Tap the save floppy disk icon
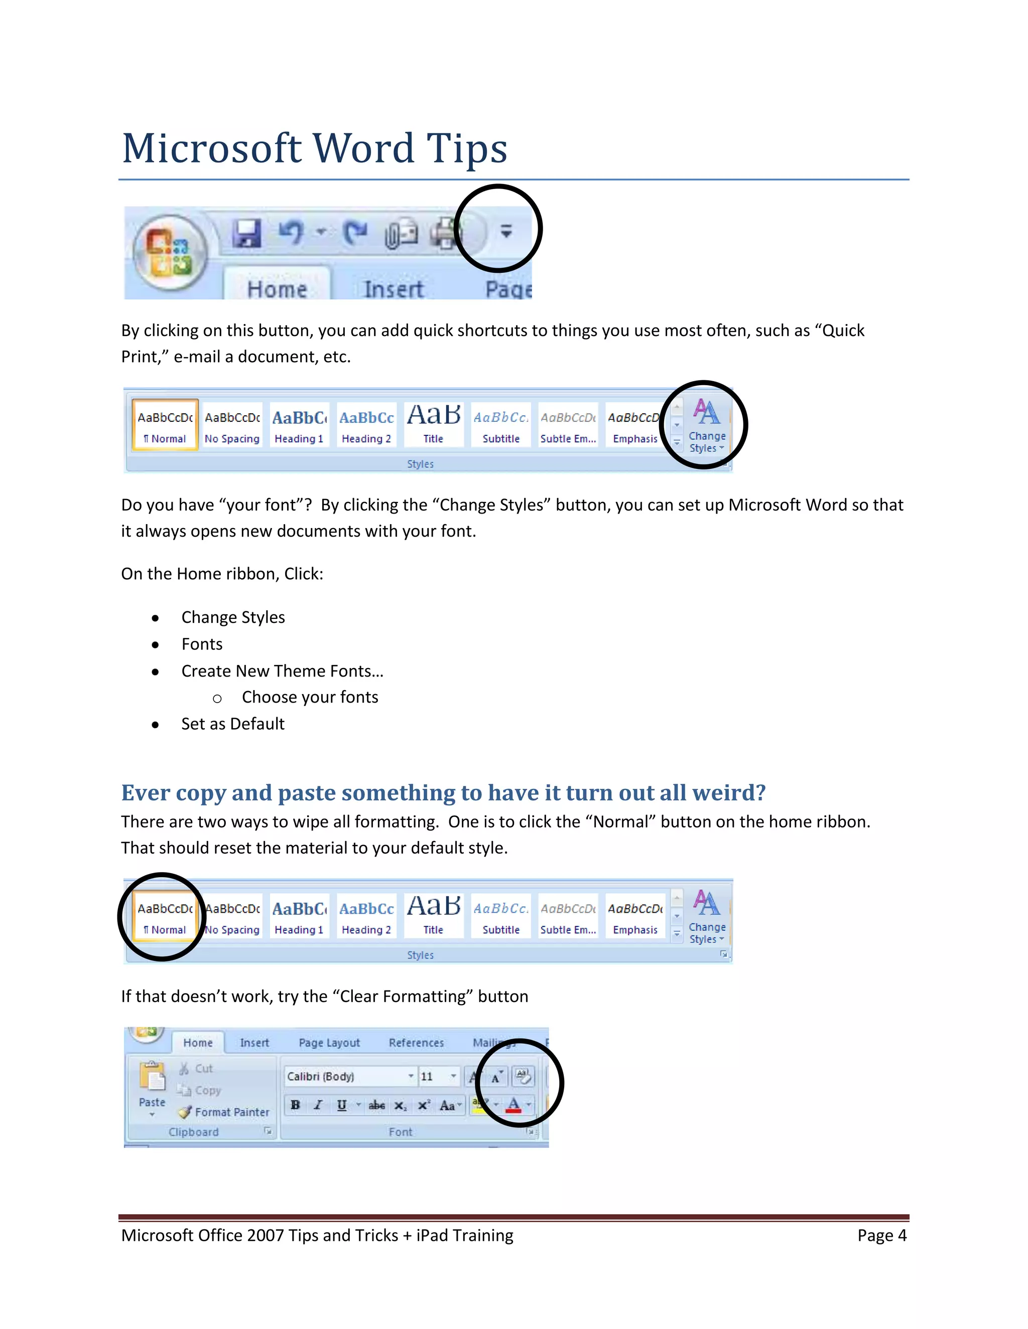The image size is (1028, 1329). (x=246, y=233)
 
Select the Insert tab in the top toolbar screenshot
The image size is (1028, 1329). (x=393, y=288)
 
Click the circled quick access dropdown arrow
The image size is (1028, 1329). (x=506, y=231)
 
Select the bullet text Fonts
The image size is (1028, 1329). (x=202, y=644)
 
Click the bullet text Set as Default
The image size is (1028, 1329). (x=232, y=724)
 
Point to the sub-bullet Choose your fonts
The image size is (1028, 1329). (x=310, y=697)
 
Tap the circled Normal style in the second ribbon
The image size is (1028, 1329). (x=165, y=916)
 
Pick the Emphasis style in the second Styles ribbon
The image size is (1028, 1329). (x=635, y=916)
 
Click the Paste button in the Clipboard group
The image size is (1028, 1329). (x=152, y=1087)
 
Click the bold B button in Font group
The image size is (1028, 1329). (x=295, y=1105)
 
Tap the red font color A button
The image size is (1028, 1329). (x=513, y=1104)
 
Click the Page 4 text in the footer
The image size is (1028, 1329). (x=882, y=1235)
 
